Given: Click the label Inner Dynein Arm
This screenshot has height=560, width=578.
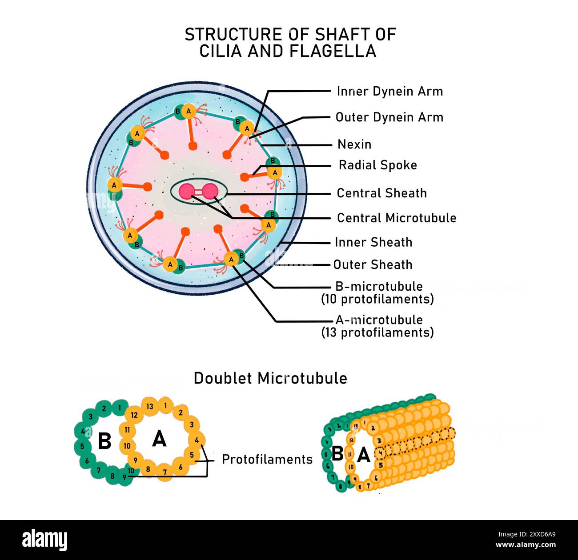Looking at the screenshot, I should [x=389, y=92].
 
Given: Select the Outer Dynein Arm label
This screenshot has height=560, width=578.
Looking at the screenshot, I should [x=389, y=117].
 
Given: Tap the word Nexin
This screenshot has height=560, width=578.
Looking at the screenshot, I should [x=354, y=144].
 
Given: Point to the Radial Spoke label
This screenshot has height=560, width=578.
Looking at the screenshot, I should [x=377, y=165].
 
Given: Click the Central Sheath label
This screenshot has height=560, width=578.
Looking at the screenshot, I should [x=381, y=193].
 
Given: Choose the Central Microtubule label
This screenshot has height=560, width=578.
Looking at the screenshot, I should [x=396, y=218].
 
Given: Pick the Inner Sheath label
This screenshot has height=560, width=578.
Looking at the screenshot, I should [x=373, y=242].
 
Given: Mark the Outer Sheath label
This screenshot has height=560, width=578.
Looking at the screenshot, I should [x=373, y=265].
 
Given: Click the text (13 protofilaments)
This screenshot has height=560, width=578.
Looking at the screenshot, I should [x=377, y=332].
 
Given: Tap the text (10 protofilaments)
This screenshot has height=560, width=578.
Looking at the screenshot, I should [x=377, y=299].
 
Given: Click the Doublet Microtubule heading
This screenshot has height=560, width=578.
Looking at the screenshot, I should [x=270, y=378].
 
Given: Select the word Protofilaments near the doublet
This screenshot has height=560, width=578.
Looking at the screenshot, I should [x=267, y=459].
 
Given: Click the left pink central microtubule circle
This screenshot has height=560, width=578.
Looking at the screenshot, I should [x=187, y=191].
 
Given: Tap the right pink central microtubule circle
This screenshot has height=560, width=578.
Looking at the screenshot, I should [x=209, y=191].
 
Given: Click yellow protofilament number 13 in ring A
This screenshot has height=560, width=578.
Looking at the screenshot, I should [x=150, y=407].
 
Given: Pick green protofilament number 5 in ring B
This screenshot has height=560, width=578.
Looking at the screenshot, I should [x=82, y=446].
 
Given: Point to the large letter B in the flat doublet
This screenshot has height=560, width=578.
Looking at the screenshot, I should [x=104, y=441].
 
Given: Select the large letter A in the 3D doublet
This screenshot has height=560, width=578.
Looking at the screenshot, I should [x=364, y=455].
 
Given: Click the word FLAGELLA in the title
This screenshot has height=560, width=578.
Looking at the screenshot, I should [x=333, y=51].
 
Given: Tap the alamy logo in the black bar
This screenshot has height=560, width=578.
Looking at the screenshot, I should [x=45, y=540].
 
